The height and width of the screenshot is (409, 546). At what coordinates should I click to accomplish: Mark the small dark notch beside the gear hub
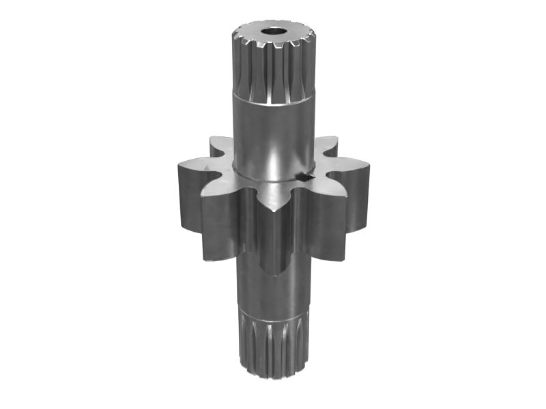305,178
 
